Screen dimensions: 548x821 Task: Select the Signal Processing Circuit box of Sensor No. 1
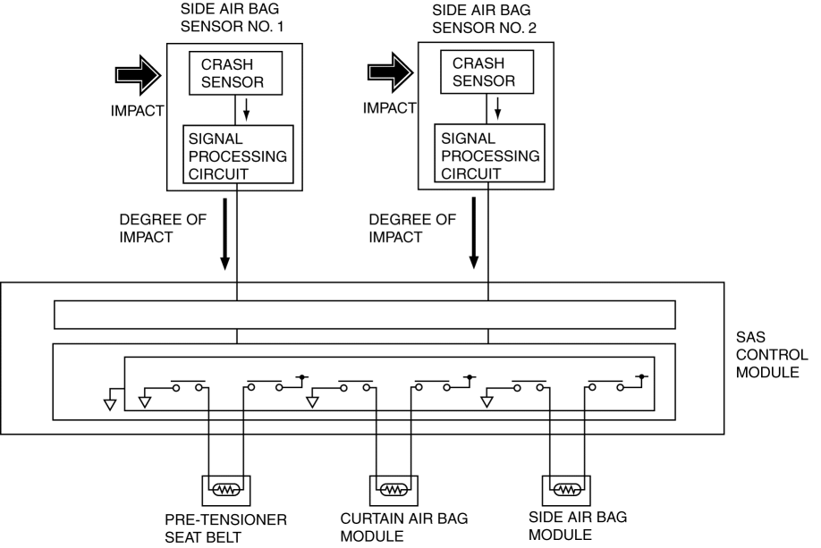pos(238,155)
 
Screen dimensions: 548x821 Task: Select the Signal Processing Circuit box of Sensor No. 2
pos(488,155)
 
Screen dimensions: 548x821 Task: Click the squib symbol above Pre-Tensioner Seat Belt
pos(224,490)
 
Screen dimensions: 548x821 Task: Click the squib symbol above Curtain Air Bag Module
pos(393,490)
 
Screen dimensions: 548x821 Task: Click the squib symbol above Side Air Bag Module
pos(564,490)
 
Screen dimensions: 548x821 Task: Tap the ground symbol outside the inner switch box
pos(109,400)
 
